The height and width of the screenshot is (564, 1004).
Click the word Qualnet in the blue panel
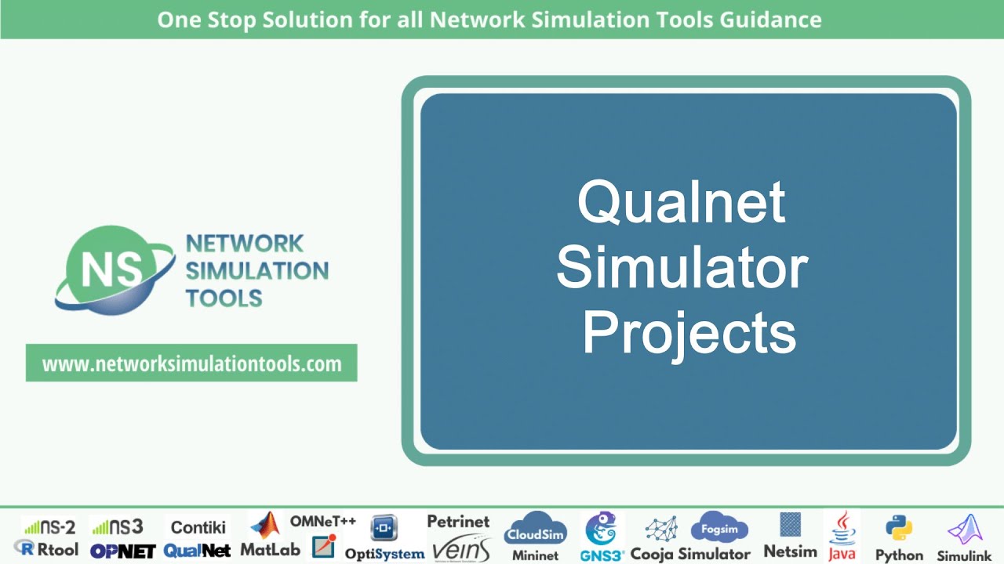pyautogui.click(x=681, y=202)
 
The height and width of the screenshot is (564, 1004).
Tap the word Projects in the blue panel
pyautogui.click(x=688, y=332)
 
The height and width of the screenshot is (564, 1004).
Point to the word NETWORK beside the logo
pyautogui.click(x=244, y=244)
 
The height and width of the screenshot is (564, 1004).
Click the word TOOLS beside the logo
pyautogui.click(x=224, y=298)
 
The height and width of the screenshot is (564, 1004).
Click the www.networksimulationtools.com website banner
pyautogui.click(x=191, y=363)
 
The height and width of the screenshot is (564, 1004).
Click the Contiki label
pyautogui.click(x=198, y=527)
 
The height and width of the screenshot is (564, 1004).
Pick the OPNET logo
pyautogui.click(x=122, y=551)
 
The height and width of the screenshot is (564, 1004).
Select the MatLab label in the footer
pyautogui.click(x=270, y=550)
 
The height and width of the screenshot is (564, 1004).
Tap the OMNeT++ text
pyautogui.click(x=323, y=521)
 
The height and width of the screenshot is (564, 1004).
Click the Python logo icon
pyautogui.click(x=898, y=529)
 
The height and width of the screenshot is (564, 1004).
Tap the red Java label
pyautogui.click(x=842, y=554)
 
